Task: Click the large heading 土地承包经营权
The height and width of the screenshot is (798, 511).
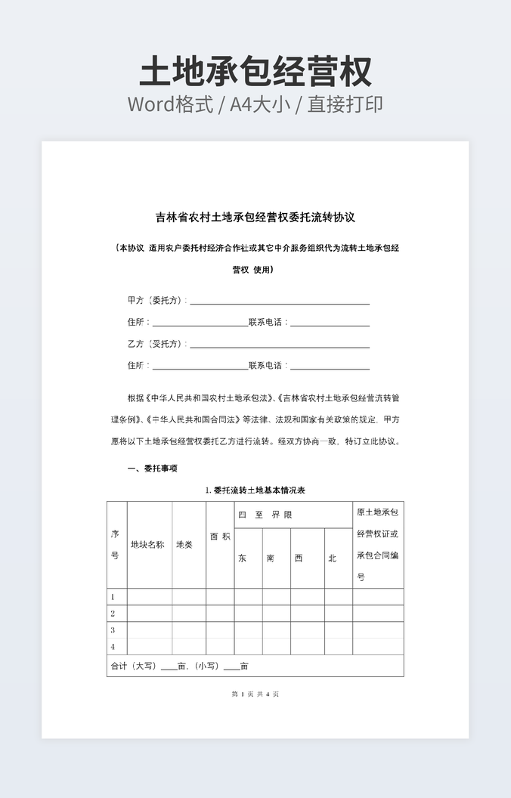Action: point(255,72)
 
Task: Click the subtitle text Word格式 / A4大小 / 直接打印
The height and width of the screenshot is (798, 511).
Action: point(255,104)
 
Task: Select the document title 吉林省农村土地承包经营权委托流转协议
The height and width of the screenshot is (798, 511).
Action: point(255,218)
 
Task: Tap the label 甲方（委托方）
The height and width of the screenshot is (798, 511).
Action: point(156,300)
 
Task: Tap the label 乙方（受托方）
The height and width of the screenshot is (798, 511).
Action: point(156,344)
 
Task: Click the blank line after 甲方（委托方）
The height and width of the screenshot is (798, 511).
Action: point(280,302)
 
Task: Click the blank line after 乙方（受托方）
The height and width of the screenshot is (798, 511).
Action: point(280,345)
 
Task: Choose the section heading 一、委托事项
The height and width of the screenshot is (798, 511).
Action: point(152,469)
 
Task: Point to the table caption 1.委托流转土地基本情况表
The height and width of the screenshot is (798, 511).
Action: point(255,490)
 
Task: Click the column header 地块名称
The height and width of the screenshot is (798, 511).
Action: point(147,544)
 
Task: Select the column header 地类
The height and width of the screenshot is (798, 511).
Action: point(184,544)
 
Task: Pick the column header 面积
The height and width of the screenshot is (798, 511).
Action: point(220,537)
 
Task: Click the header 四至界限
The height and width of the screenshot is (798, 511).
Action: point(265,515)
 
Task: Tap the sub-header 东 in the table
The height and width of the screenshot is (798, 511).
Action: point(243,558)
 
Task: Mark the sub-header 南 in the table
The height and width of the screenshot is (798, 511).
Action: point(271,558)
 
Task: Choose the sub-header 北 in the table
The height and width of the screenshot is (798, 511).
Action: point(332,558)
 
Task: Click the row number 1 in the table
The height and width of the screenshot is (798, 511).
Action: point(113,597)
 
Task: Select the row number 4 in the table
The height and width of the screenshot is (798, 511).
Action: point(113,647)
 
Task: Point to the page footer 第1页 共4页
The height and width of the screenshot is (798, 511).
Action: point(255,694)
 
